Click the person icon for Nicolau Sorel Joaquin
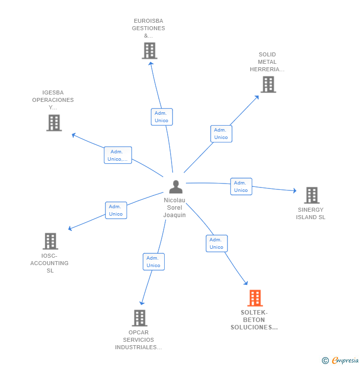pyautogui.click(x=176, y=187)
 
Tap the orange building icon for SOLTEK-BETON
pyautogui.click(x=255, y=298)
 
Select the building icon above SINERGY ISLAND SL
pyautogui.click(x=312, y=195)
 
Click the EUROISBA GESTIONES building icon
pyautogui.click(x=149, y=50)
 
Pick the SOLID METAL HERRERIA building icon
pyautogui.click(x=268, y=84)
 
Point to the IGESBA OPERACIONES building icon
pyautogui.click(x=54, y=123)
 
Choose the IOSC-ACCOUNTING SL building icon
pyautogui.click(x=50, y=241)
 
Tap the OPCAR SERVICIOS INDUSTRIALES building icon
pyautogui.click(x=139, y=318)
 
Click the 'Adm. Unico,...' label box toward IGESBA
pyautogui.click(x=118, y=155)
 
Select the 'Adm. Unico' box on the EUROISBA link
pyautogui.click(x=161, y=117)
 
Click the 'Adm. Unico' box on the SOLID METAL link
pyautogui.click(x=221, y=134)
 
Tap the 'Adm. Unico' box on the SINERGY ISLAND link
pyautogui.click(x=241, y=186)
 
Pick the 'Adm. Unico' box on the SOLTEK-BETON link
pyautogui.click(x=216, y=243)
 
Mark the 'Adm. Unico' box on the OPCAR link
pyautogui.click(x=153, y=262)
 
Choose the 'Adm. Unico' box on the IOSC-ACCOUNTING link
pyautogui.click(x=116, y=210)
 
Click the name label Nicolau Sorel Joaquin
pyautogui.click(x=175, y=208)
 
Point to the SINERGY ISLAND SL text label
pyautogui.click(x=311, y=214)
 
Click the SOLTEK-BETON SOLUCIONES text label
pyautogui.click(x=254, y=320)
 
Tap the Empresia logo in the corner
pyautogui.click(x=341, y=361)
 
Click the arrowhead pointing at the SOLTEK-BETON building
pyautogui.click(x=246, y=283)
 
